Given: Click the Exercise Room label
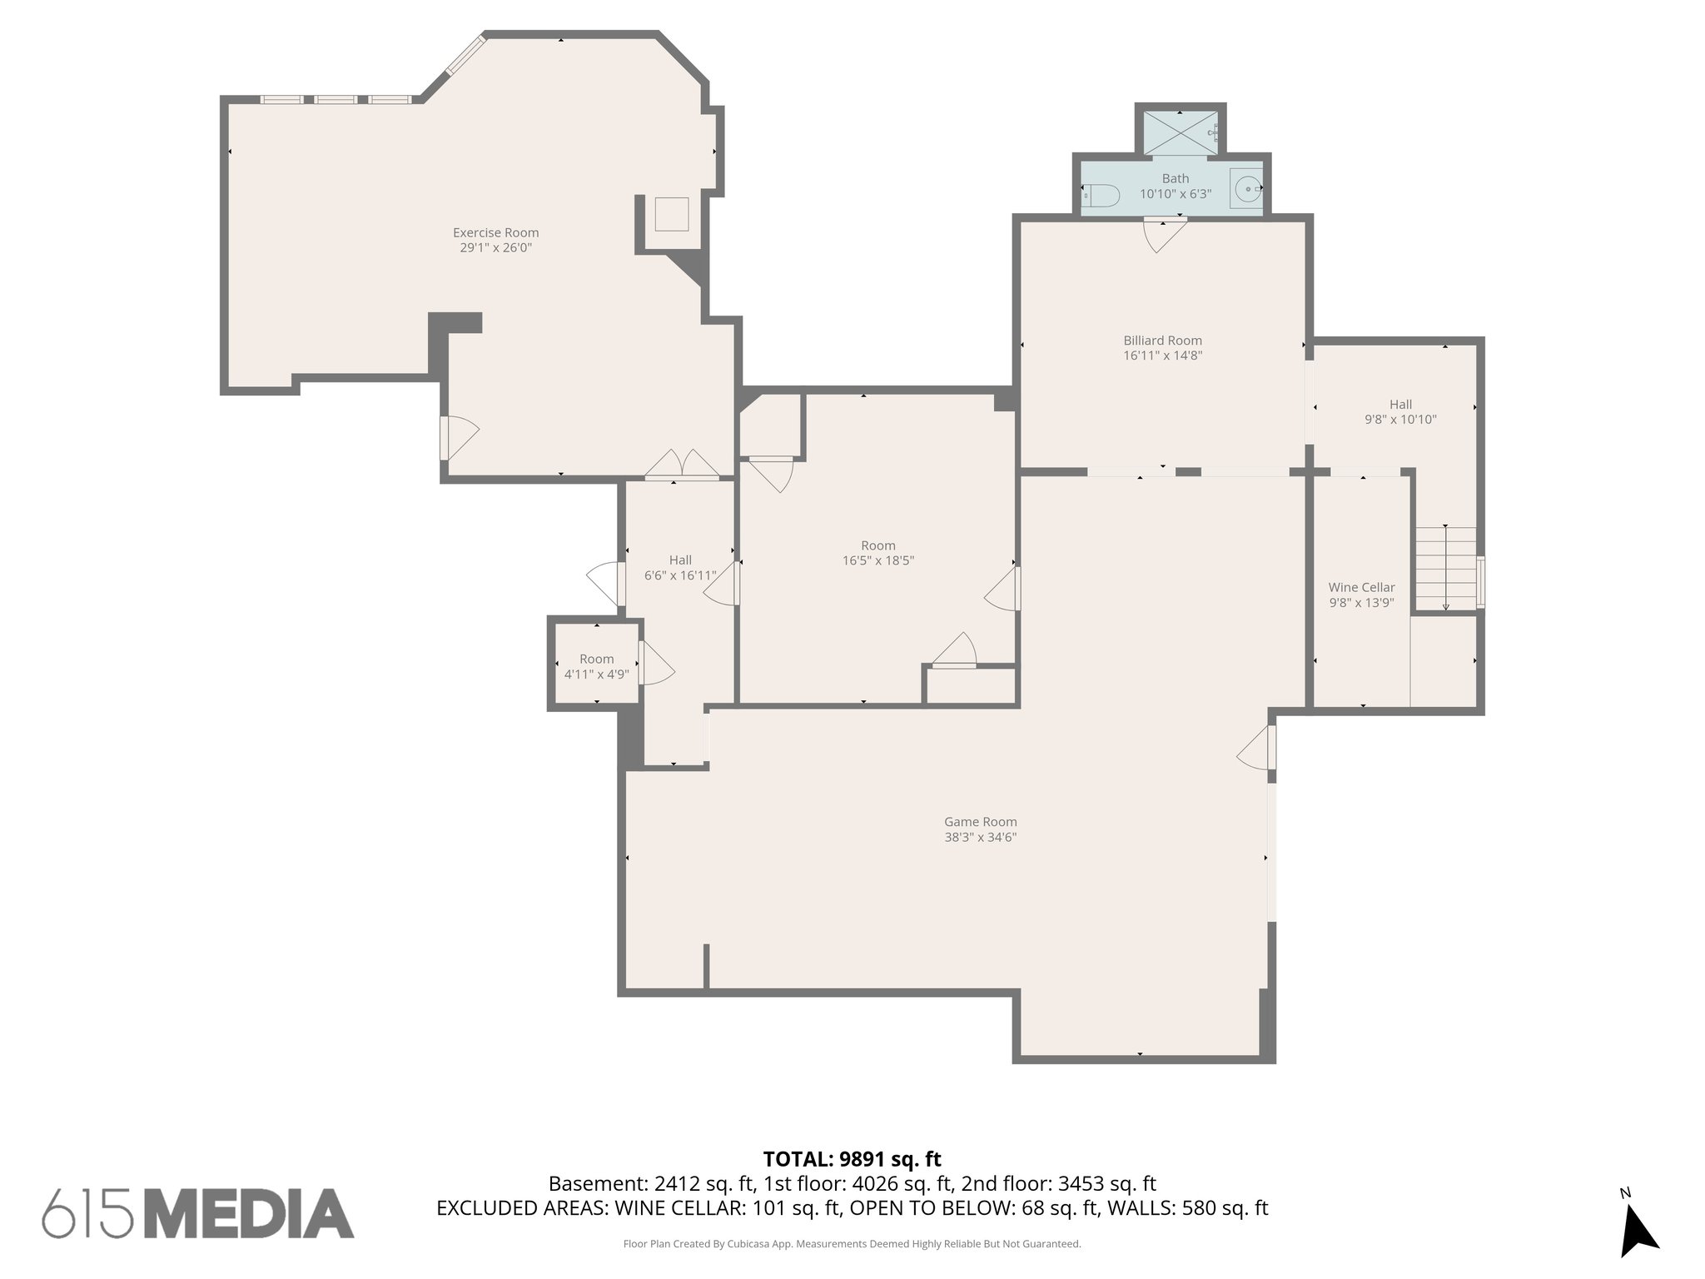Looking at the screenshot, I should (x=495, y=233).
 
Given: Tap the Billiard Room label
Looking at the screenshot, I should (x=1162, y=341).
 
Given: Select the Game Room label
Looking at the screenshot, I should (x=980, y=822).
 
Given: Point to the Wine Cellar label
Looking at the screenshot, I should (x=1361, y=588).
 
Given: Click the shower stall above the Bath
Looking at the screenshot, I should (x=1180, y=131).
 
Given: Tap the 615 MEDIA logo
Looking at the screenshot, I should (x=198, y=1212).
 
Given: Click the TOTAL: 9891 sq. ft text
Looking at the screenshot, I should (x=852, y=1159).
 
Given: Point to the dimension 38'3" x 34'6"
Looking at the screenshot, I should (x=980, y=838).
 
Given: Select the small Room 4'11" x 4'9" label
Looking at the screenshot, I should (x=596, y=659).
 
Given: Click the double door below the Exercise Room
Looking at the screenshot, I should (x=682, y=466).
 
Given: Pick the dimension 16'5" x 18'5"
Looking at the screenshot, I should (x=877, y=561).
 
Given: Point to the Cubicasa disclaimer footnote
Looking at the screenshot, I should (x=852, y=1244).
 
